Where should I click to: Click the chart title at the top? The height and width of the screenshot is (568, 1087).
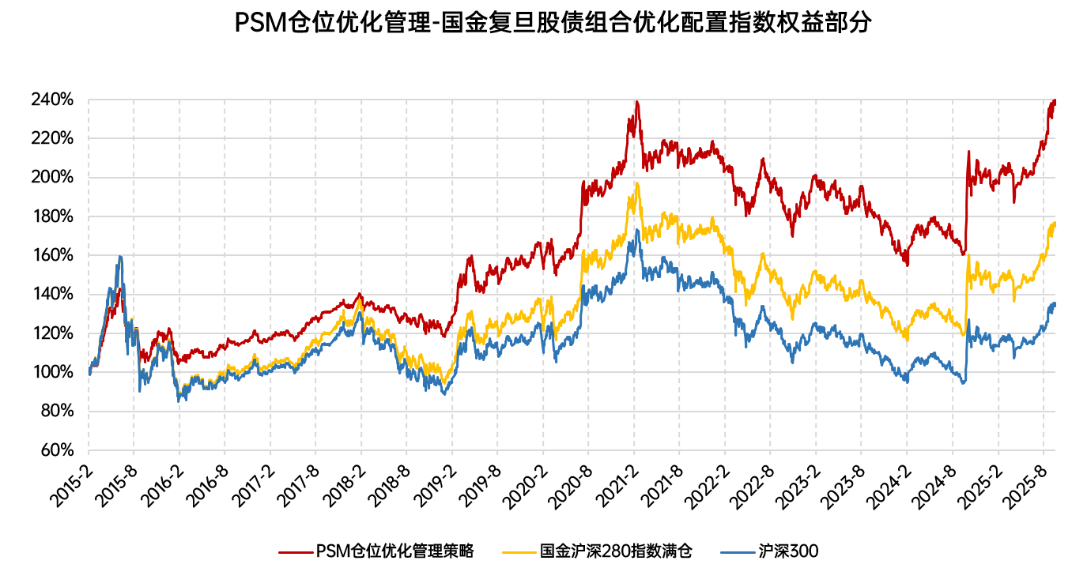pyautogui.click(x=553, y=22)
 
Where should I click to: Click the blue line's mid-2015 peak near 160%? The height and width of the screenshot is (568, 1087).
pyautogui.click(x=119, y=256)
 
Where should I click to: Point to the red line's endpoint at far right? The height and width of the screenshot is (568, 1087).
pyautogui.click(x=1055, y=101)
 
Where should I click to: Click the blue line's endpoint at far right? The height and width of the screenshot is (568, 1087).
pyautogui.click(x=1055, y=303)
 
